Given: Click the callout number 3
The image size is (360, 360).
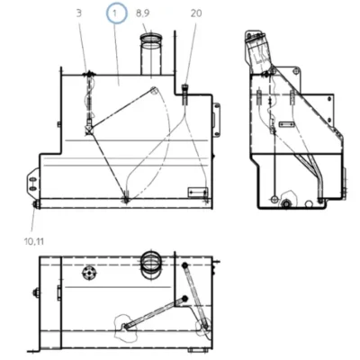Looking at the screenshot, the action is [78, 13].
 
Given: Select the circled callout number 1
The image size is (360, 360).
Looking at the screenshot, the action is [117, 13].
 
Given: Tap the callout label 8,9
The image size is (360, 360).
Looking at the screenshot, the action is [143, 13].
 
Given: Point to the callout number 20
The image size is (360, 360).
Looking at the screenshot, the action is [196, 13].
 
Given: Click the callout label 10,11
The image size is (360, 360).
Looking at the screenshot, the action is [34, 241].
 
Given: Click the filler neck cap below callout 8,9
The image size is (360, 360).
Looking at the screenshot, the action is [151, 38].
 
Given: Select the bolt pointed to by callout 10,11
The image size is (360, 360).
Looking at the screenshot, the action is [36, 204].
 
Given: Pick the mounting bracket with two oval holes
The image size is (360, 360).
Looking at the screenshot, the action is [33, 184].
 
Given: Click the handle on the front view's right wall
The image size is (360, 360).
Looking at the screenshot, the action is [216, 120].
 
